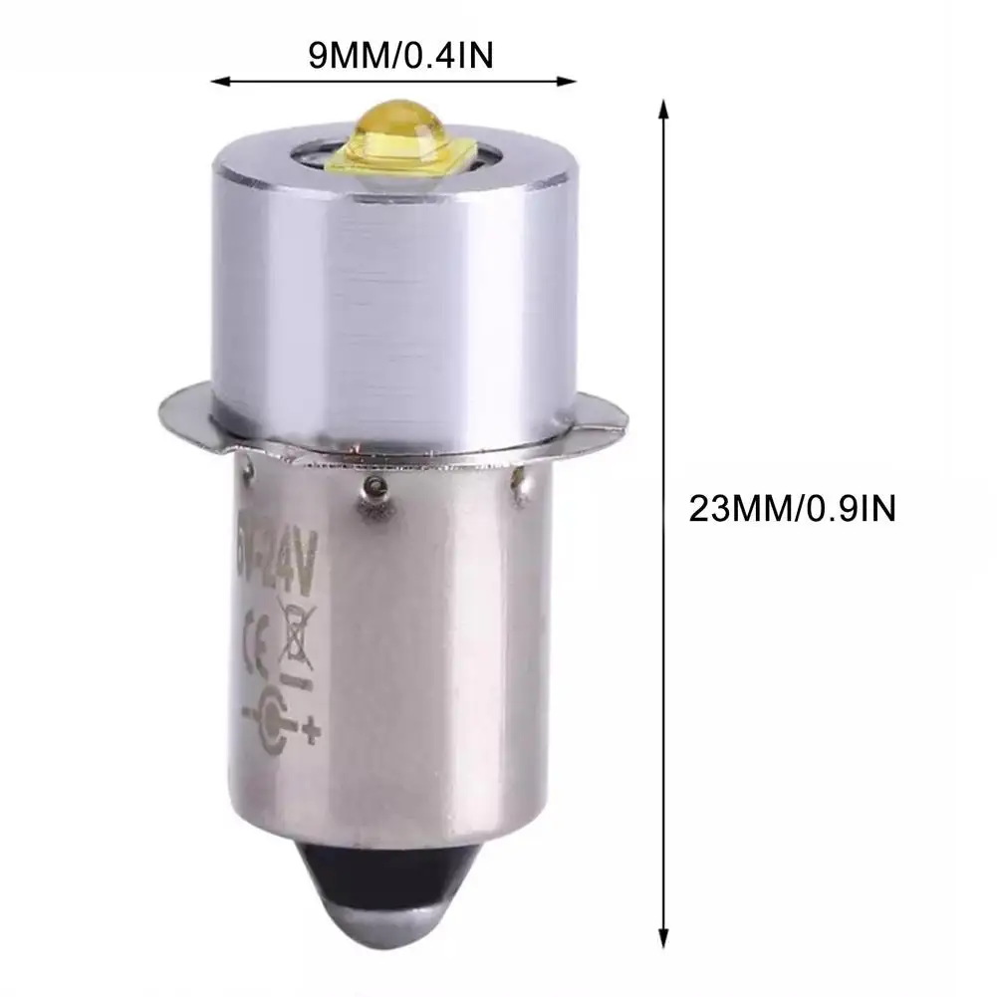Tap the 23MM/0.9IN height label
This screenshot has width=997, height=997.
793,509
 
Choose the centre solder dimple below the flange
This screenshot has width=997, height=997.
375,485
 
